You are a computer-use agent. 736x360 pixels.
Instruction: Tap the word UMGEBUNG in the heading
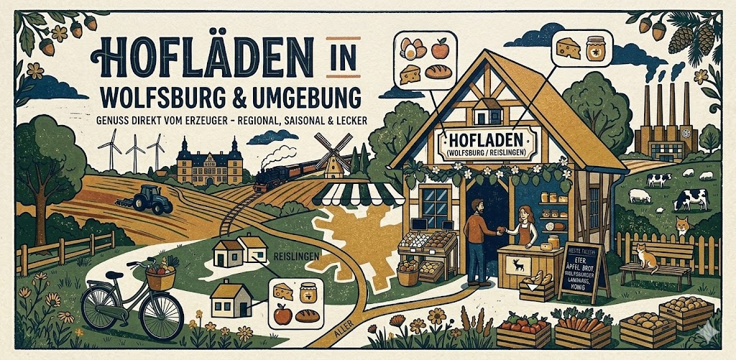point(291,95)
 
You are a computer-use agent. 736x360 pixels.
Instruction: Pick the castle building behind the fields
point(209,164)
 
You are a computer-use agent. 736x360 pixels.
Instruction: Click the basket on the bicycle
point(161,274)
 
